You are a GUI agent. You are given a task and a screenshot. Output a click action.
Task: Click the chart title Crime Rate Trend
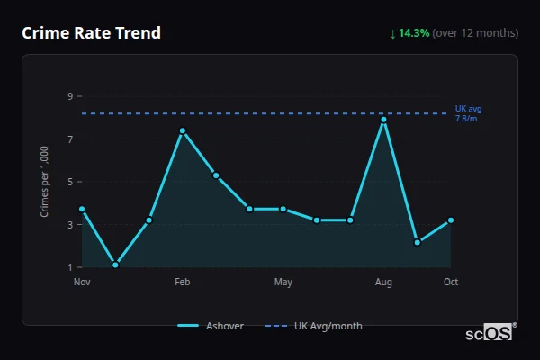(x=92, y=33)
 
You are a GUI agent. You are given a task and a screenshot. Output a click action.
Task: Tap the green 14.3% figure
(x=415, y=33)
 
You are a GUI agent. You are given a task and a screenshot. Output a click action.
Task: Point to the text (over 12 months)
(x=475, y=33)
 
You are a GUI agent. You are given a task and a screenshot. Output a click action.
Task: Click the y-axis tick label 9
(x=69, y=95)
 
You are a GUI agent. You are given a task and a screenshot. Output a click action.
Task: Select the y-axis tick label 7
(x=69, y=139)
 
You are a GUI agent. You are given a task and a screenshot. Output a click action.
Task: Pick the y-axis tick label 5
(x=69, y=182)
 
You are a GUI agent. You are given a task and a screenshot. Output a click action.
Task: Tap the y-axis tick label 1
(x=69, y=267)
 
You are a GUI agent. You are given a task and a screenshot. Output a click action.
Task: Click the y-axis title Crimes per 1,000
(x=45, y=182)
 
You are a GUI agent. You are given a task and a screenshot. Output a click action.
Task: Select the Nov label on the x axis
(x=82, y=283)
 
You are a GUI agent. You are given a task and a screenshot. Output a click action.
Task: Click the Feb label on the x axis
(x=183, y=283)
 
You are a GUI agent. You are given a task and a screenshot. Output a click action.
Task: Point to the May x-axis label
(x=283, y=283)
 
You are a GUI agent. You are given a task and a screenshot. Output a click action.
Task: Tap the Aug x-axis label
(x=383, y=283)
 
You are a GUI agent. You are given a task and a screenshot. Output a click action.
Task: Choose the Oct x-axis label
(x=451, y=283)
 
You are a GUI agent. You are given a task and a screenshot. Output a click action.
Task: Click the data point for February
(x=183, y=130)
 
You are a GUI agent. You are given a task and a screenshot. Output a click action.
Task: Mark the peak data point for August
(x=383, y=120)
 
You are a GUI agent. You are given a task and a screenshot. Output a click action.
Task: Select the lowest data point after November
(x=115, y=265)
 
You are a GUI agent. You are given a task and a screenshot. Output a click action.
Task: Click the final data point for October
(x=451, y=220)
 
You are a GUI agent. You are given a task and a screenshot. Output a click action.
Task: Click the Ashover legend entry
(x=211, y=326)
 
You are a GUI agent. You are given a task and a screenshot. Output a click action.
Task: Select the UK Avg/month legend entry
(x=315, y=326)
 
